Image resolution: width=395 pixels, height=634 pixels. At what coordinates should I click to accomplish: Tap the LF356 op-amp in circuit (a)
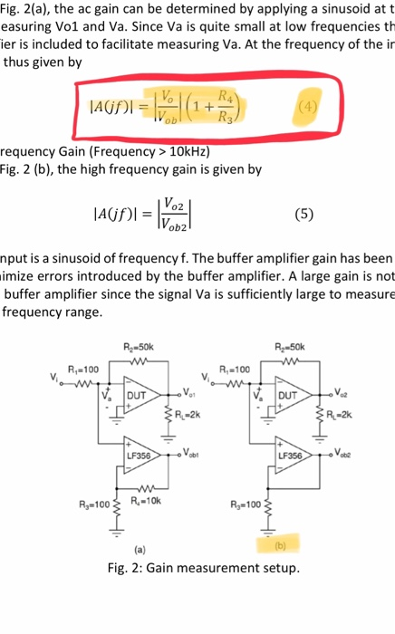140,454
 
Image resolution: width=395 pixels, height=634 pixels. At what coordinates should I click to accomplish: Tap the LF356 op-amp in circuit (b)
296,454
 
